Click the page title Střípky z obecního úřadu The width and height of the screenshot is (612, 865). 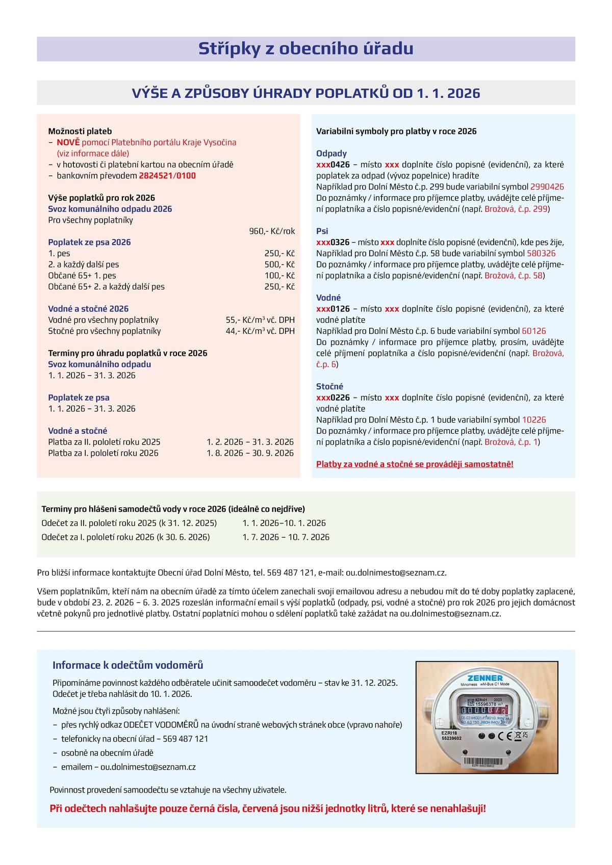[x=305, y=49]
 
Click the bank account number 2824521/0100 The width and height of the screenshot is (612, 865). [x=167, y=176]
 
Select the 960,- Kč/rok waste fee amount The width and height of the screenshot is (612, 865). [x=272, y=231]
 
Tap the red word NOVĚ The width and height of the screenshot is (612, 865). [x=68, y=143]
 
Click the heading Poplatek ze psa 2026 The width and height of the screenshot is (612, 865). [x=89, y=243]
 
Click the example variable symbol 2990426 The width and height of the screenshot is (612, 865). [x=547, y=187]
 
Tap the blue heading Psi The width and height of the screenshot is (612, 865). [x=322, y=231]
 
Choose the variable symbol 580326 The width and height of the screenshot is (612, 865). [x=541, y=253]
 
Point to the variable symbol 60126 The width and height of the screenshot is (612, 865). [x=533, y=331]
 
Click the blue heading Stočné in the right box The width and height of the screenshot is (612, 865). [x=329, y=386]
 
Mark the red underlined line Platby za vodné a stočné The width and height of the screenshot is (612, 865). [x=415, y=464]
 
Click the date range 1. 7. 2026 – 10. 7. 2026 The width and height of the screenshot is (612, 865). [x=286, y=537]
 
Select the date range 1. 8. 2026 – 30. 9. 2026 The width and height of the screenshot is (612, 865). [x=250, y=453]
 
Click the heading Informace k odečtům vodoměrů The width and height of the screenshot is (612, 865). [x=127, y=665]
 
